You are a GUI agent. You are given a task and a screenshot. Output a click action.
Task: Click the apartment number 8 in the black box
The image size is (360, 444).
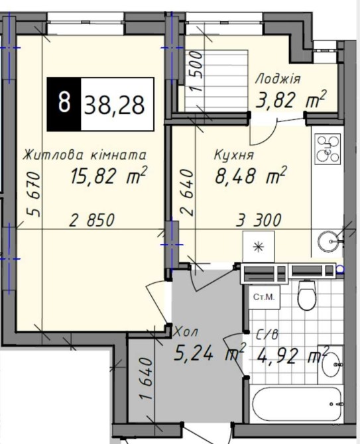pyautogui.click(x=64, y=103)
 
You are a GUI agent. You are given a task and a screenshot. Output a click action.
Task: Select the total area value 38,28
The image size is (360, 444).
pyautogui.click(x=115, y=105)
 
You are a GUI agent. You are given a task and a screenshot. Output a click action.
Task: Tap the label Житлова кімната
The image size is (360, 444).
pyautogui.click(x=85, y=155)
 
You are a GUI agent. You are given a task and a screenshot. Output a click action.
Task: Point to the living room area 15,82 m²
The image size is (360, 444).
pyautogui.click(x=109, y=175)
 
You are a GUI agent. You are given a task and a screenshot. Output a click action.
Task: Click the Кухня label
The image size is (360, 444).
pyautogui.click(x=234, y=155)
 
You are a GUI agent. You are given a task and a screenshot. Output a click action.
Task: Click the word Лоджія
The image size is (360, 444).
pyautogui.click(x=278, y=80)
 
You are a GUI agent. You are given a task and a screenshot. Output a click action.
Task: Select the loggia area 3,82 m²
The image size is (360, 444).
pyautogui.click(x=291, y=99)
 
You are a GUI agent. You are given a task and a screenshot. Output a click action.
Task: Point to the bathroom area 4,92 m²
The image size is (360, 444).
pyautogui.click(x=292, y=355)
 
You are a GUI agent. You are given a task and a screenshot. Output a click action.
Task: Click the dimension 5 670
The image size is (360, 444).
pyautogui.click(x=32, y=194)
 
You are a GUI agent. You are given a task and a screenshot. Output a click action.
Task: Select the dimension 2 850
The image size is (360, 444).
pyautogui.click(x=92, y=220)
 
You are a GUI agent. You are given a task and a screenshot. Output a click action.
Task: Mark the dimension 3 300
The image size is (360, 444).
pyautogui.click(x=259, y=220)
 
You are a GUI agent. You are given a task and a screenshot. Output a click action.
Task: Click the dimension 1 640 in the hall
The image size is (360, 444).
pyautogui.click(x=147, y=378)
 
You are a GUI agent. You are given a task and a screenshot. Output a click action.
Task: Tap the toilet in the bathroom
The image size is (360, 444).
pyautogui.click(x=306, y=294)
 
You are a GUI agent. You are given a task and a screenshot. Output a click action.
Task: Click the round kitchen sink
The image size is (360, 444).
pyautogui.click(x=329, y=241)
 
